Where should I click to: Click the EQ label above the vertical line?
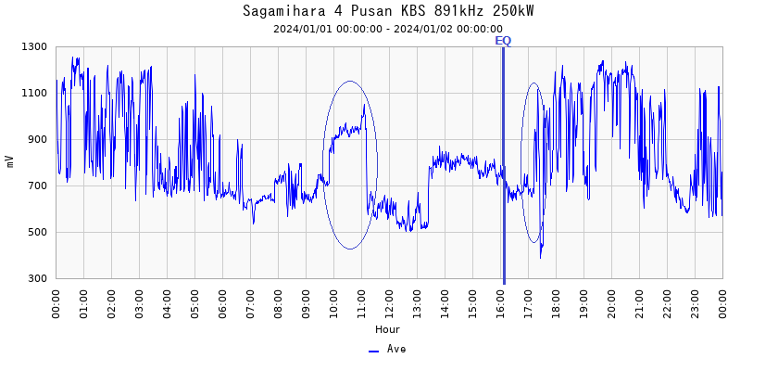[x=503, y=41]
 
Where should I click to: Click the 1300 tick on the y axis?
[x=35, y=46]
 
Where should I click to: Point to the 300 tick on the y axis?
[x=38, y=278]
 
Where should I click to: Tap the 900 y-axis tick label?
[x=38, y=139]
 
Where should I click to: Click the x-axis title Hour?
[x=388, y=329]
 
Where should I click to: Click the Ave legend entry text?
[x=396, y=350]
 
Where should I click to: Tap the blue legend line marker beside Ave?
[x=374, y=351]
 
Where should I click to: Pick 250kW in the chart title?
[x=514, y=11]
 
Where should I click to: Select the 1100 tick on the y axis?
[x=35, y=93]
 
